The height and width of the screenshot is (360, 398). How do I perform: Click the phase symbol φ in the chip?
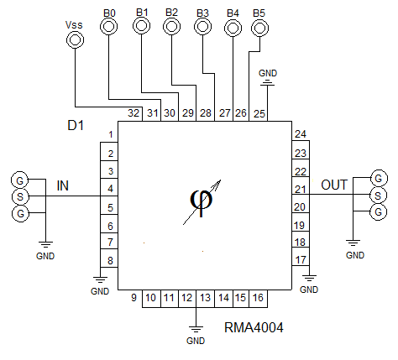[x=202, y=202]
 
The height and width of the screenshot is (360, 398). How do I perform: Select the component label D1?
[x=76, y=125]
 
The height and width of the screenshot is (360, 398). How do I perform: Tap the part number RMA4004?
[x=254, y=327]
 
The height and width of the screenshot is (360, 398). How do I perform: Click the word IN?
[x=63, y=185]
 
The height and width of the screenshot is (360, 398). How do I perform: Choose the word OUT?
[x=334, y=185]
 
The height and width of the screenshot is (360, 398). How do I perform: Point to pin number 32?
[x=134, y=113]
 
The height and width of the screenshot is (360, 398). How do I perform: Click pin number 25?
[x=259, y=113]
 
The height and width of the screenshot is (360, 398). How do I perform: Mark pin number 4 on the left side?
[x=111, y=189]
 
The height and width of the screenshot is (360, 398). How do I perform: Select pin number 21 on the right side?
[x=300, y=190]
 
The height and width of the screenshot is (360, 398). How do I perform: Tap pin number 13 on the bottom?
[x=205, y=298]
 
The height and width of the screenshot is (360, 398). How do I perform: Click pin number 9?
[x=134, y=298]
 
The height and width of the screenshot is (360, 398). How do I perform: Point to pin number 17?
[x=301, y=260]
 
